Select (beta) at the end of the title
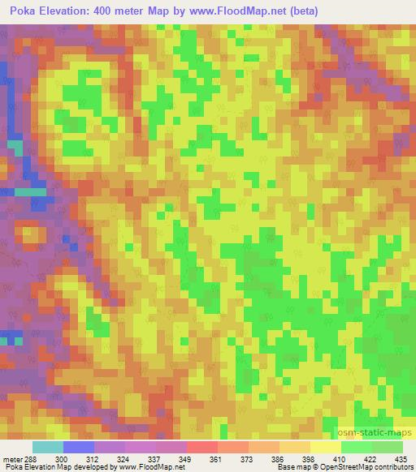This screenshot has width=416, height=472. (297, 11)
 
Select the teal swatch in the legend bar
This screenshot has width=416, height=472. (48, 447)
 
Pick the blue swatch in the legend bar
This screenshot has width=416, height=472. (79, 447)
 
